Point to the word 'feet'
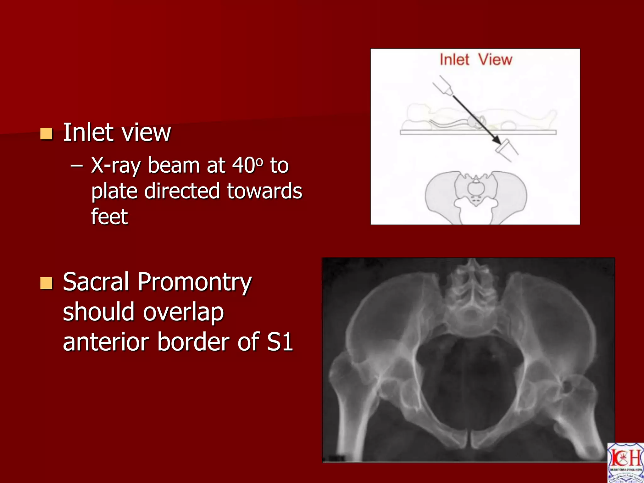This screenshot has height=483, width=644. point(109,217)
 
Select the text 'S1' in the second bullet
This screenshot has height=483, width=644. point(280,342)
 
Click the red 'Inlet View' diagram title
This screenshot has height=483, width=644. point(476,59)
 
